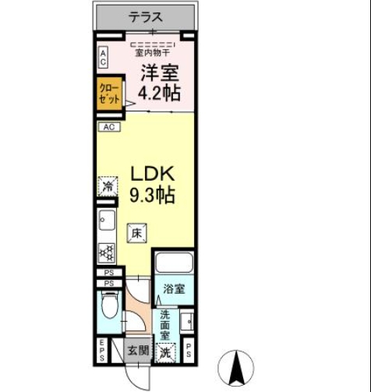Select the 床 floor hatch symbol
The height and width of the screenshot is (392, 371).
(136, 232)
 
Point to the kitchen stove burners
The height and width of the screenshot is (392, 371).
(106, 252)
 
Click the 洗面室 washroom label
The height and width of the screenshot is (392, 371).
(165, 325)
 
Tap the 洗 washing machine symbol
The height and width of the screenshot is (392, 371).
(165, 352)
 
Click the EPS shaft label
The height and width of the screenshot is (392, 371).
(101, 351)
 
